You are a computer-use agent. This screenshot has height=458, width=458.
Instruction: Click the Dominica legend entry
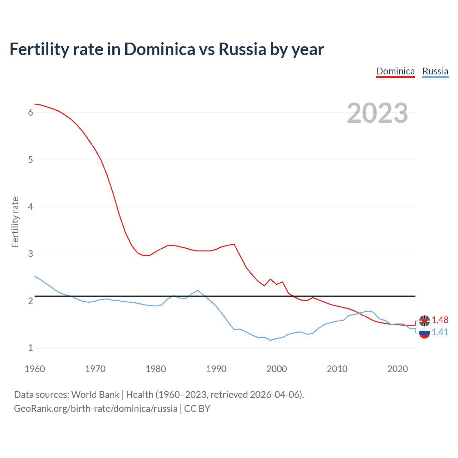pos(395,71)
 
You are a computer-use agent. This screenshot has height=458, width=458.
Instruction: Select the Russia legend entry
pos(435,71)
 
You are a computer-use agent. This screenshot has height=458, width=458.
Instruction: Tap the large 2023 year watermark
pos(377,113)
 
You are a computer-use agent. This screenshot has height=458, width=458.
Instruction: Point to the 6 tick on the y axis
pos(30,113)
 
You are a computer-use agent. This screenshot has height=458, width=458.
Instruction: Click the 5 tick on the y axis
pos(30,160)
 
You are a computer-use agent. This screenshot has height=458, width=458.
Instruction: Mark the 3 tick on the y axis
pos(30,254)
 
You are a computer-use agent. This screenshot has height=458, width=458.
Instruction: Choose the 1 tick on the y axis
pos(30,348)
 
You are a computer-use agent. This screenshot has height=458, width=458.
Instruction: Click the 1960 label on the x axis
pos(35,369)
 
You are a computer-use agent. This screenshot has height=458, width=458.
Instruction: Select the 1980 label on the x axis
pos(156,369)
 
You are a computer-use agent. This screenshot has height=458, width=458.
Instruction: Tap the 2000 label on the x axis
pos(277,369)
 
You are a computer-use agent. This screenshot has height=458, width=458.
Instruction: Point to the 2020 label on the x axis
pos(398,369)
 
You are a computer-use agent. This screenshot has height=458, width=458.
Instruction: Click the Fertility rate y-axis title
pos(15,222)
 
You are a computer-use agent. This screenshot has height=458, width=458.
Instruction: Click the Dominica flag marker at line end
pos(424,320)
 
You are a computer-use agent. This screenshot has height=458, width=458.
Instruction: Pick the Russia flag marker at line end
pos(424,333)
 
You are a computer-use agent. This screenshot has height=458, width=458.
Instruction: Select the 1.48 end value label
pos(440,320)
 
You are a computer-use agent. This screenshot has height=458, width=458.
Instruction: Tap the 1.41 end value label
pos(440,332)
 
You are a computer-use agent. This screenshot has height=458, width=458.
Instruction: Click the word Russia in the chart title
pos(242,49)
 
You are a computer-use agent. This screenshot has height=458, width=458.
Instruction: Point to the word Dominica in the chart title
pos(160,49)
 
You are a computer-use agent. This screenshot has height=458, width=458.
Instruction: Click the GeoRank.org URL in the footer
pos(96,409)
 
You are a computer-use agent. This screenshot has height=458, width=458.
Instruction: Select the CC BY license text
pos(197,409)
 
